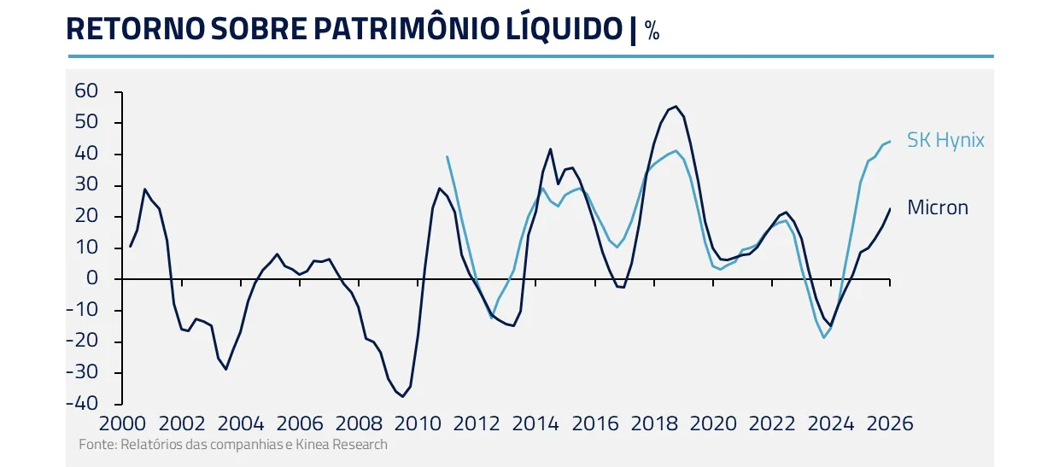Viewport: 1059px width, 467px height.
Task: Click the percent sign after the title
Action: (652, 32)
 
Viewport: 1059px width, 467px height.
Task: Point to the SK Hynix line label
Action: (945, 140)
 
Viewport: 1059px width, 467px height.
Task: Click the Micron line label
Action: (938, 207)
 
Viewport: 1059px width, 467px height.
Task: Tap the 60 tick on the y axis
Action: (87, 91)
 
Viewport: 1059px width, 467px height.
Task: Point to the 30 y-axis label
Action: (87, 185)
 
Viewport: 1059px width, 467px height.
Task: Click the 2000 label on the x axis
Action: (123, 423)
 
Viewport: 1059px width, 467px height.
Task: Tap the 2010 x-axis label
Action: (417, 423)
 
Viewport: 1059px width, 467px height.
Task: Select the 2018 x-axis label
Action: (653, 423)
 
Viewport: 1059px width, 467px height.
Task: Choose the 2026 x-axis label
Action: (889, 423)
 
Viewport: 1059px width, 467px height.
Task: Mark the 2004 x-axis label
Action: (241, 423)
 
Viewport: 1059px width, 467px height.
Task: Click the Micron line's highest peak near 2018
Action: (676, 107)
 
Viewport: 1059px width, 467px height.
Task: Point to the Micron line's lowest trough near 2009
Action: (402, 396)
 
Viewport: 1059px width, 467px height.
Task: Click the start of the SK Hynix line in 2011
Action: (448, 156)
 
